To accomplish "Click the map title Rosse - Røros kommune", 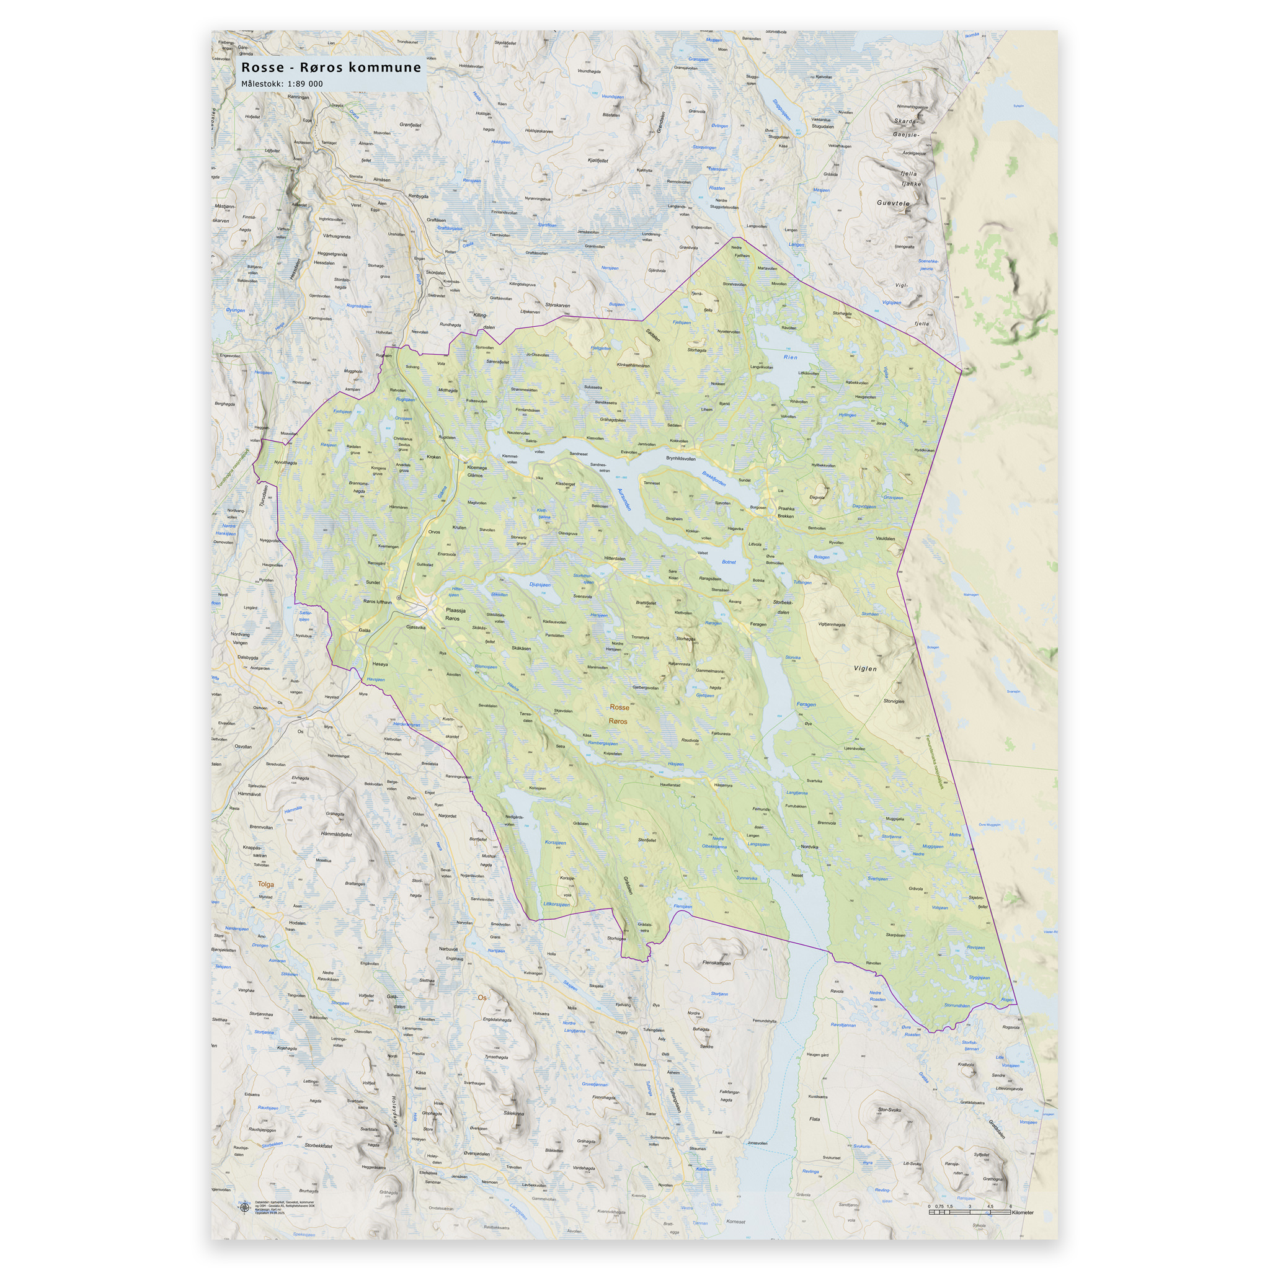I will click(331, 67).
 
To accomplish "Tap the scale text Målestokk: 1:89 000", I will click(282, 84).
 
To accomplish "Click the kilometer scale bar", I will click(970, 1212).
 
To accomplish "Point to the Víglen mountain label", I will click(865, 668).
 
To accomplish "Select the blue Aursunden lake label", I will click(624, 500).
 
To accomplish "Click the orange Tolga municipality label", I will click(265, 884).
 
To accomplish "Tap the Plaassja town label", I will click(456, 610).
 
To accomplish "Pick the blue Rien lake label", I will click(790, 358).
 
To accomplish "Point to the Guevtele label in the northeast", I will click(894, 203).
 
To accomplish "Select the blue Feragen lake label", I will click(806, 704).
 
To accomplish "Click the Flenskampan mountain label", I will click(716, 963).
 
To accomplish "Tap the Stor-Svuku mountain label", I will click(889, 1109).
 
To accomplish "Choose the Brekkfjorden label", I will click(714, 479).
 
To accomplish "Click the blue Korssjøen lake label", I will click(556, 843).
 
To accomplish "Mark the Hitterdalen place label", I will click(615, 558).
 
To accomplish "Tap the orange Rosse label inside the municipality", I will click(619, 708).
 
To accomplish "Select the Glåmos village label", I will click(474, 475).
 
